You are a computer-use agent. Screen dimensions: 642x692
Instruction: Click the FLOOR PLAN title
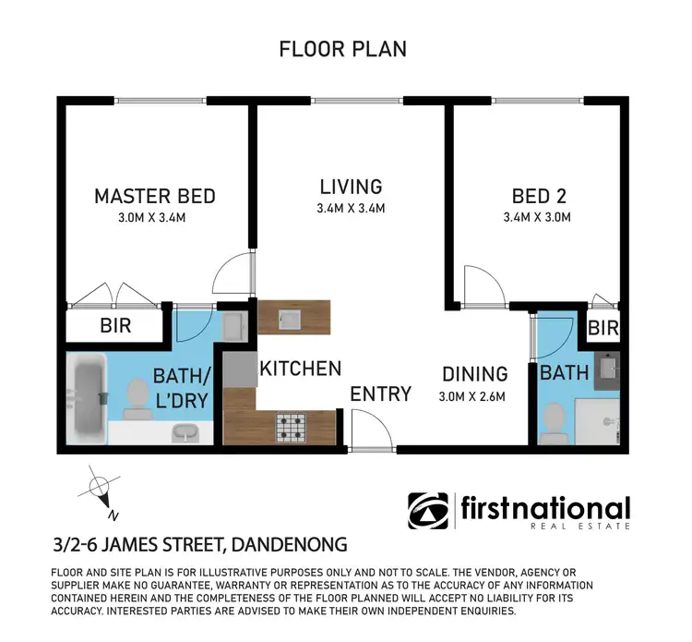point(343,49)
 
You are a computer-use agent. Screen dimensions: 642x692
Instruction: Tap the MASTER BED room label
point(155,196)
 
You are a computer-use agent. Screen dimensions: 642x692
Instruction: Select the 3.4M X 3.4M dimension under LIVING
point(350,209)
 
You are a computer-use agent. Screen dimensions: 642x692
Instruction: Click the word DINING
point(474,374)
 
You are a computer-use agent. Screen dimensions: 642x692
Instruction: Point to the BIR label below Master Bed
point(115,326)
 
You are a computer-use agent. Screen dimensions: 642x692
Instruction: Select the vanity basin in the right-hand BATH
point(607,369)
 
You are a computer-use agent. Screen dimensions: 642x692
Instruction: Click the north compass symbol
point(97,488)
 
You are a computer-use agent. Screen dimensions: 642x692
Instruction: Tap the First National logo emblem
point(430,512)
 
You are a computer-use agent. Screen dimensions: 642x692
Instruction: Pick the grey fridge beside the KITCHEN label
point(239,369)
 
